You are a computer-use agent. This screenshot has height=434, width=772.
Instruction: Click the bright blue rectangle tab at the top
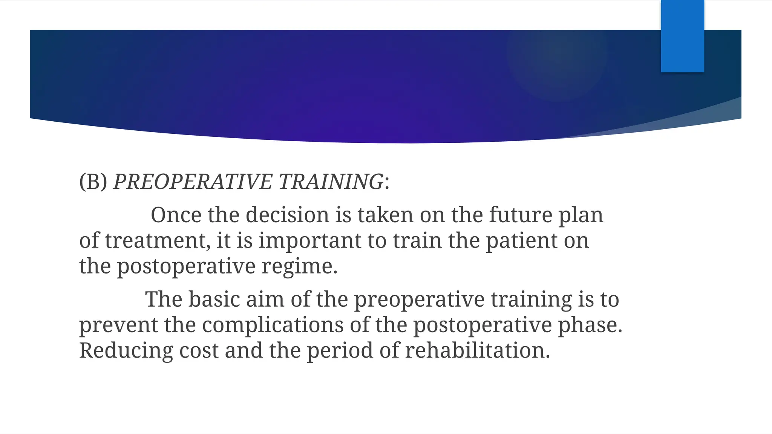(x=682, y=36)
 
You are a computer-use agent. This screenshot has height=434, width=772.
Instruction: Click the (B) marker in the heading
(x=93, y=182)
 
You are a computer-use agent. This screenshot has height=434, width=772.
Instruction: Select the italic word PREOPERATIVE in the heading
(x=193, y=182)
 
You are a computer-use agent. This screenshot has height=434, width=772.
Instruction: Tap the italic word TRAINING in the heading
(x=331, y=182)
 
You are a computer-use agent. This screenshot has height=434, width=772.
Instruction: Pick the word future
(x=521, y=215)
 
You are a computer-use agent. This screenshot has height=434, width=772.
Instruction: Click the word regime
(x=299, y=267)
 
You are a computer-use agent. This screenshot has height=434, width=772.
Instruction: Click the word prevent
(x=118, y=326)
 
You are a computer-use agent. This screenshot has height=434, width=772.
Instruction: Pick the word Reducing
(x=126, y=351)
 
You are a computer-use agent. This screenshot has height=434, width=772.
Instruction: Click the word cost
(x=199, y=351)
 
